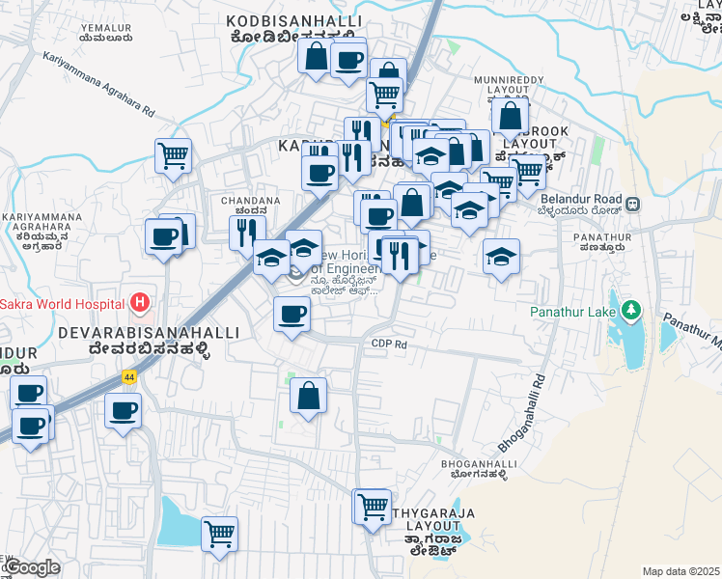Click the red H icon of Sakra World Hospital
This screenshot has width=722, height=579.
(x=141, y=303)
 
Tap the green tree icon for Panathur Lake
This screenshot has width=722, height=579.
(x=631, y=312)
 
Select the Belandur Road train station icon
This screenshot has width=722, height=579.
(x=633, y=205)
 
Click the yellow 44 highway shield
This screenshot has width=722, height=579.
(x=128, y=376)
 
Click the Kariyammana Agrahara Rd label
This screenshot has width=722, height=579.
(x=98, y=85)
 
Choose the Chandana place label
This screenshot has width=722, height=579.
(x=251, y=202)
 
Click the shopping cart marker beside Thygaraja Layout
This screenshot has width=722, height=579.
(x=372, y=505)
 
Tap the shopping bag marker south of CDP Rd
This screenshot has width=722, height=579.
(x=308, y=395)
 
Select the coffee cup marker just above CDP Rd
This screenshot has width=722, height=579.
(x=292, y=314)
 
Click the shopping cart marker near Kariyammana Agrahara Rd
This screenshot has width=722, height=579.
(x=173, y=154)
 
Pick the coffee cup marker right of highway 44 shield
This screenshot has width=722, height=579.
(x=124, y=410)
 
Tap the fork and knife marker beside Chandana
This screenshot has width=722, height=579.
(x=247, y=232)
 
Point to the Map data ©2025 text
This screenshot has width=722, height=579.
(x=680, y=571)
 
